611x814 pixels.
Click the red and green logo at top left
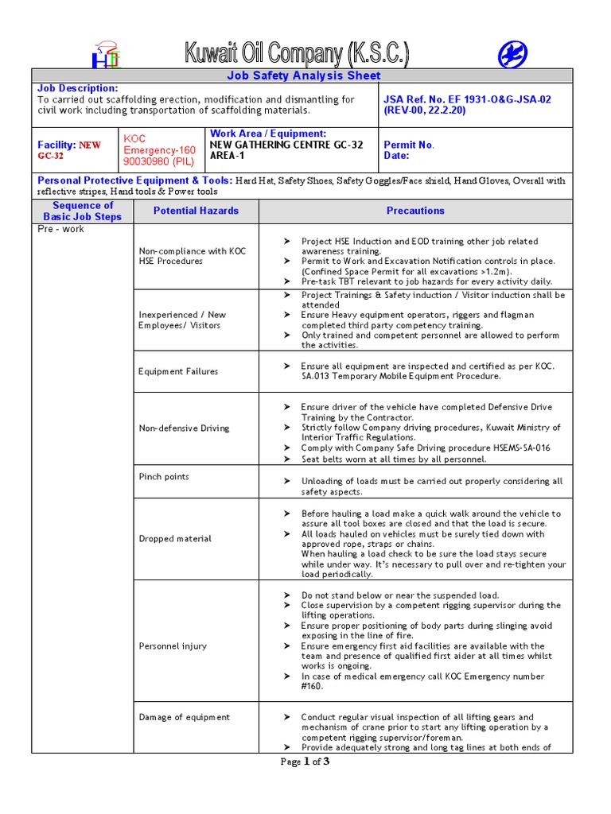tap(106, 55)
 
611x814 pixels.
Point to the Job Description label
tap(78, 88)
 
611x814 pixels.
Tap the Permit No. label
tap(409, 145)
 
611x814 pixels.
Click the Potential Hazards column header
tap(196, 211)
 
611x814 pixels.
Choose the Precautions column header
tap(415, 211)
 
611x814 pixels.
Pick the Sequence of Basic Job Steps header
tap(83, 211)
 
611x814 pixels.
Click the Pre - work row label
tap(60, 230)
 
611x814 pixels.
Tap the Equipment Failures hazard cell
tap(178, 371)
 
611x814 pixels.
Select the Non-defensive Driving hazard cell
tap(184, 428)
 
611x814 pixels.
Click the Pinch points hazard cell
tap(164, 477)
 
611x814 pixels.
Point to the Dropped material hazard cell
tap(175, 539)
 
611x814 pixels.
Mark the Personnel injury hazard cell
tap(173, 646)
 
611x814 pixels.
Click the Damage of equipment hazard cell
tap(184, 717)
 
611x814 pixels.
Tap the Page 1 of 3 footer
tap(305, 762)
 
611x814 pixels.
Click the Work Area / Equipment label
tap(268, 134)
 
